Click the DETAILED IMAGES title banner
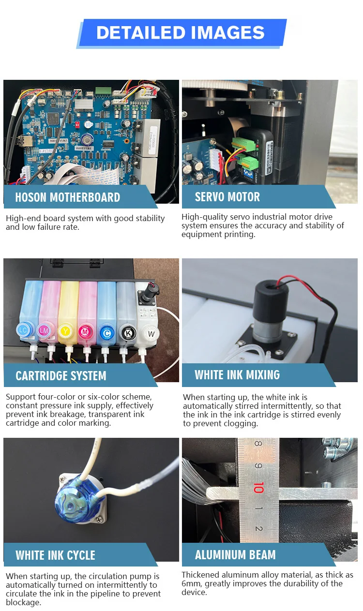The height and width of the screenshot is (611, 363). click(181, 33)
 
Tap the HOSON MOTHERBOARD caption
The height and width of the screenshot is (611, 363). click(68, 197)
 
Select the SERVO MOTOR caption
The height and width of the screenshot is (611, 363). click(227, 197)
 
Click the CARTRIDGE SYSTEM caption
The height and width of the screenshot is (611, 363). click(61, 375)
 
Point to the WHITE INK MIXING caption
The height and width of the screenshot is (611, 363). click(237, 375)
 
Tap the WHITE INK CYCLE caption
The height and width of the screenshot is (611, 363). click(55, 555)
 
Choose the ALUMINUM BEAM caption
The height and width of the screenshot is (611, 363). click(235, 554)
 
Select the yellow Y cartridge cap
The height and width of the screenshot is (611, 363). click(65, 331)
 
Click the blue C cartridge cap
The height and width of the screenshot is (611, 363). click(107, 333)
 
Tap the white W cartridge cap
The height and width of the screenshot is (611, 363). click(151, 334)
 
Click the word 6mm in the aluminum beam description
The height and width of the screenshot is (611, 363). click(192, 583)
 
